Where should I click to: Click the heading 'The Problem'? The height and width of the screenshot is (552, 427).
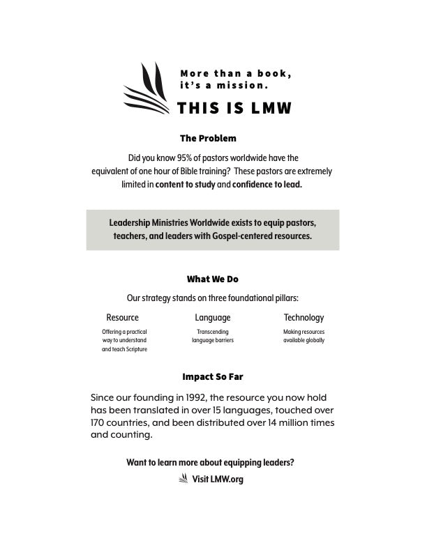point(208,138)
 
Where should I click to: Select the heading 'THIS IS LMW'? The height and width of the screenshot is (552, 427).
point(234,108)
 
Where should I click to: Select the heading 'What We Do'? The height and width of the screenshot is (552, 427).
point(212,279)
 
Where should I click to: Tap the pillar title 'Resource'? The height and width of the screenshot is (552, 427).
point(122,318)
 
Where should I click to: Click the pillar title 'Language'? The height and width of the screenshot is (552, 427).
point(213,318)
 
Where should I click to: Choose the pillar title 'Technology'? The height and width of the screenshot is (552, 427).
point(304,318)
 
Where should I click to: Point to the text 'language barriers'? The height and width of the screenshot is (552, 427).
point(213,341)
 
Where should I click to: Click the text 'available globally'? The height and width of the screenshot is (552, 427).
point(304,341)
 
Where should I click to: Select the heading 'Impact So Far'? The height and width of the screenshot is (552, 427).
point(212,376)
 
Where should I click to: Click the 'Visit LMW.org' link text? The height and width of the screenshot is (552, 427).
point(218,479)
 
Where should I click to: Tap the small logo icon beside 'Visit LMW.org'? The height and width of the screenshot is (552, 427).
point(183,478)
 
